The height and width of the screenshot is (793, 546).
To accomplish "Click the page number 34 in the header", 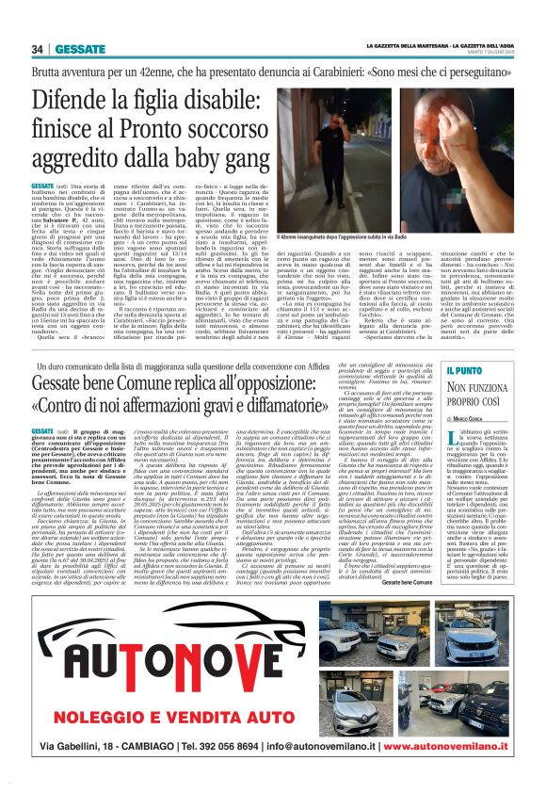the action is click(x=38, y=49).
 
